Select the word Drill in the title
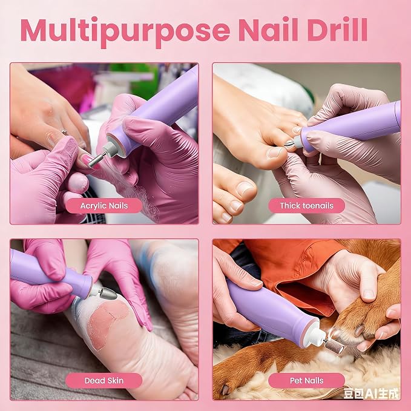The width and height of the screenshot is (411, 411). (337, 29)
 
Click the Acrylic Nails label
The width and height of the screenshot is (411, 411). (104, 206)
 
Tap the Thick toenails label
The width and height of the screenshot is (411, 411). (306, 206)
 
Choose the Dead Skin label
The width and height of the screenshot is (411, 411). (104, 381)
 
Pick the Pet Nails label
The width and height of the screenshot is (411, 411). (306, 381)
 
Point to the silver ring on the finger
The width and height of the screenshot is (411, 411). (65, 132)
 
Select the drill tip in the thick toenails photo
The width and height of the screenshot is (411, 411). (290, 144)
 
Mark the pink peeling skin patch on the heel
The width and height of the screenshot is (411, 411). (108, 323)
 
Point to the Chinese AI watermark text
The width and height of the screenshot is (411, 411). (371, 393)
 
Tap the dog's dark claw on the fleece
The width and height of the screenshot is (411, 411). (225, 390)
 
